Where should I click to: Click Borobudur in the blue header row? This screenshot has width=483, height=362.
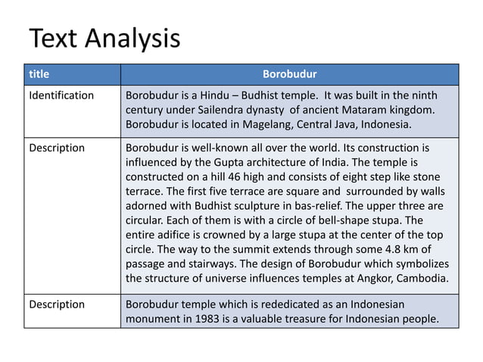tap(289, 75)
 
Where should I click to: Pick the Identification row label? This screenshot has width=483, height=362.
tap(61, 96)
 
